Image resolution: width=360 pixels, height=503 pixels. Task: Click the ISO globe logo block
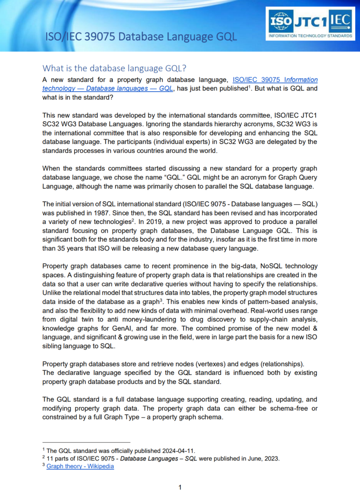pyautogui.click(x=281, y=21)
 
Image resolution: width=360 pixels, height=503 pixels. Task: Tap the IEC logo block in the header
pyautogui.click(x=340, y=20)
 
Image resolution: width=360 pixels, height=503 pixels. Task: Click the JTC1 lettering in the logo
pyautogui.click(x=311, y=22)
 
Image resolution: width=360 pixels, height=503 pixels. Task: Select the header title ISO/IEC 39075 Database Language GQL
pyautogui.click(x=141, y=36)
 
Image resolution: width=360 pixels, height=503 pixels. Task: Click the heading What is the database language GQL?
pyautogui.click(x=114, y=68)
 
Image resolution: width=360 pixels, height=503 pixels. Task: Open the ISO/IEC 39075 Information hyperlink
pyautogui.click(x=275, y=80)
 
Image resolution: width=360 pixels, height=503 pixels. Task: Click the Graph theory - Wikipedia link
pyautogui.click(x=80, y=466)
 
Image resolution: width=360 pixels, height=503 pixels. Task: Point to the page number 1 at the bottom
pyautogui.click(x=180, y=487)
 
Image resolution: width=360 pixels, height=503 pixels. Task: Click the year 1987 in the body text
pyautogui.click(x=101, y=213)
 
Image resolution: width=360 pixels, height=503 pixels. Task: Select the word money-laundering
pyautogui.click(x=149, y=320)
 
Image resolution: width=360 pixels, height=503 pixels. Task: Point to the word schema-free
pyautogui.click(x=289, y=409)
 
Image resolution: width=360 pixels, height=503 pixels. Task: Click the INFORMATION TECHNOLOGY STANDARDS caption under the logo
pyautogui.click(x=310, y=36)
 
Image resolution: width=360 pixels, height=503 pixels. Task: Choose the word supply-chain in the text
pyautogui.click(x=269, y=320)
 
